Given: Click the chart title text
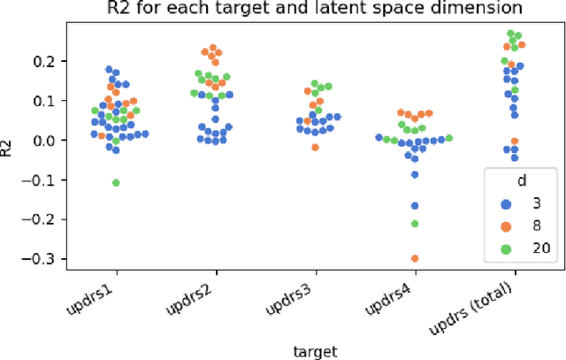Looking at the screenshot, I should coord(299,10).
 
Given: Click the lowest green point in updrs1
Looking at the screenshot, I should coord(116,182).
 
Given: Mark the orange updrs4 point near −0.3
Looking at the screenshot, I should coord(415,258).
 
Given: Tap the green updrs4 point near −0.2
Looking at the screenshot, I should coord(415,223).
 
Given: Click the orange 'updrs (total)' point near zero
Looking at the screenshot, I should coord(515,142).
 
